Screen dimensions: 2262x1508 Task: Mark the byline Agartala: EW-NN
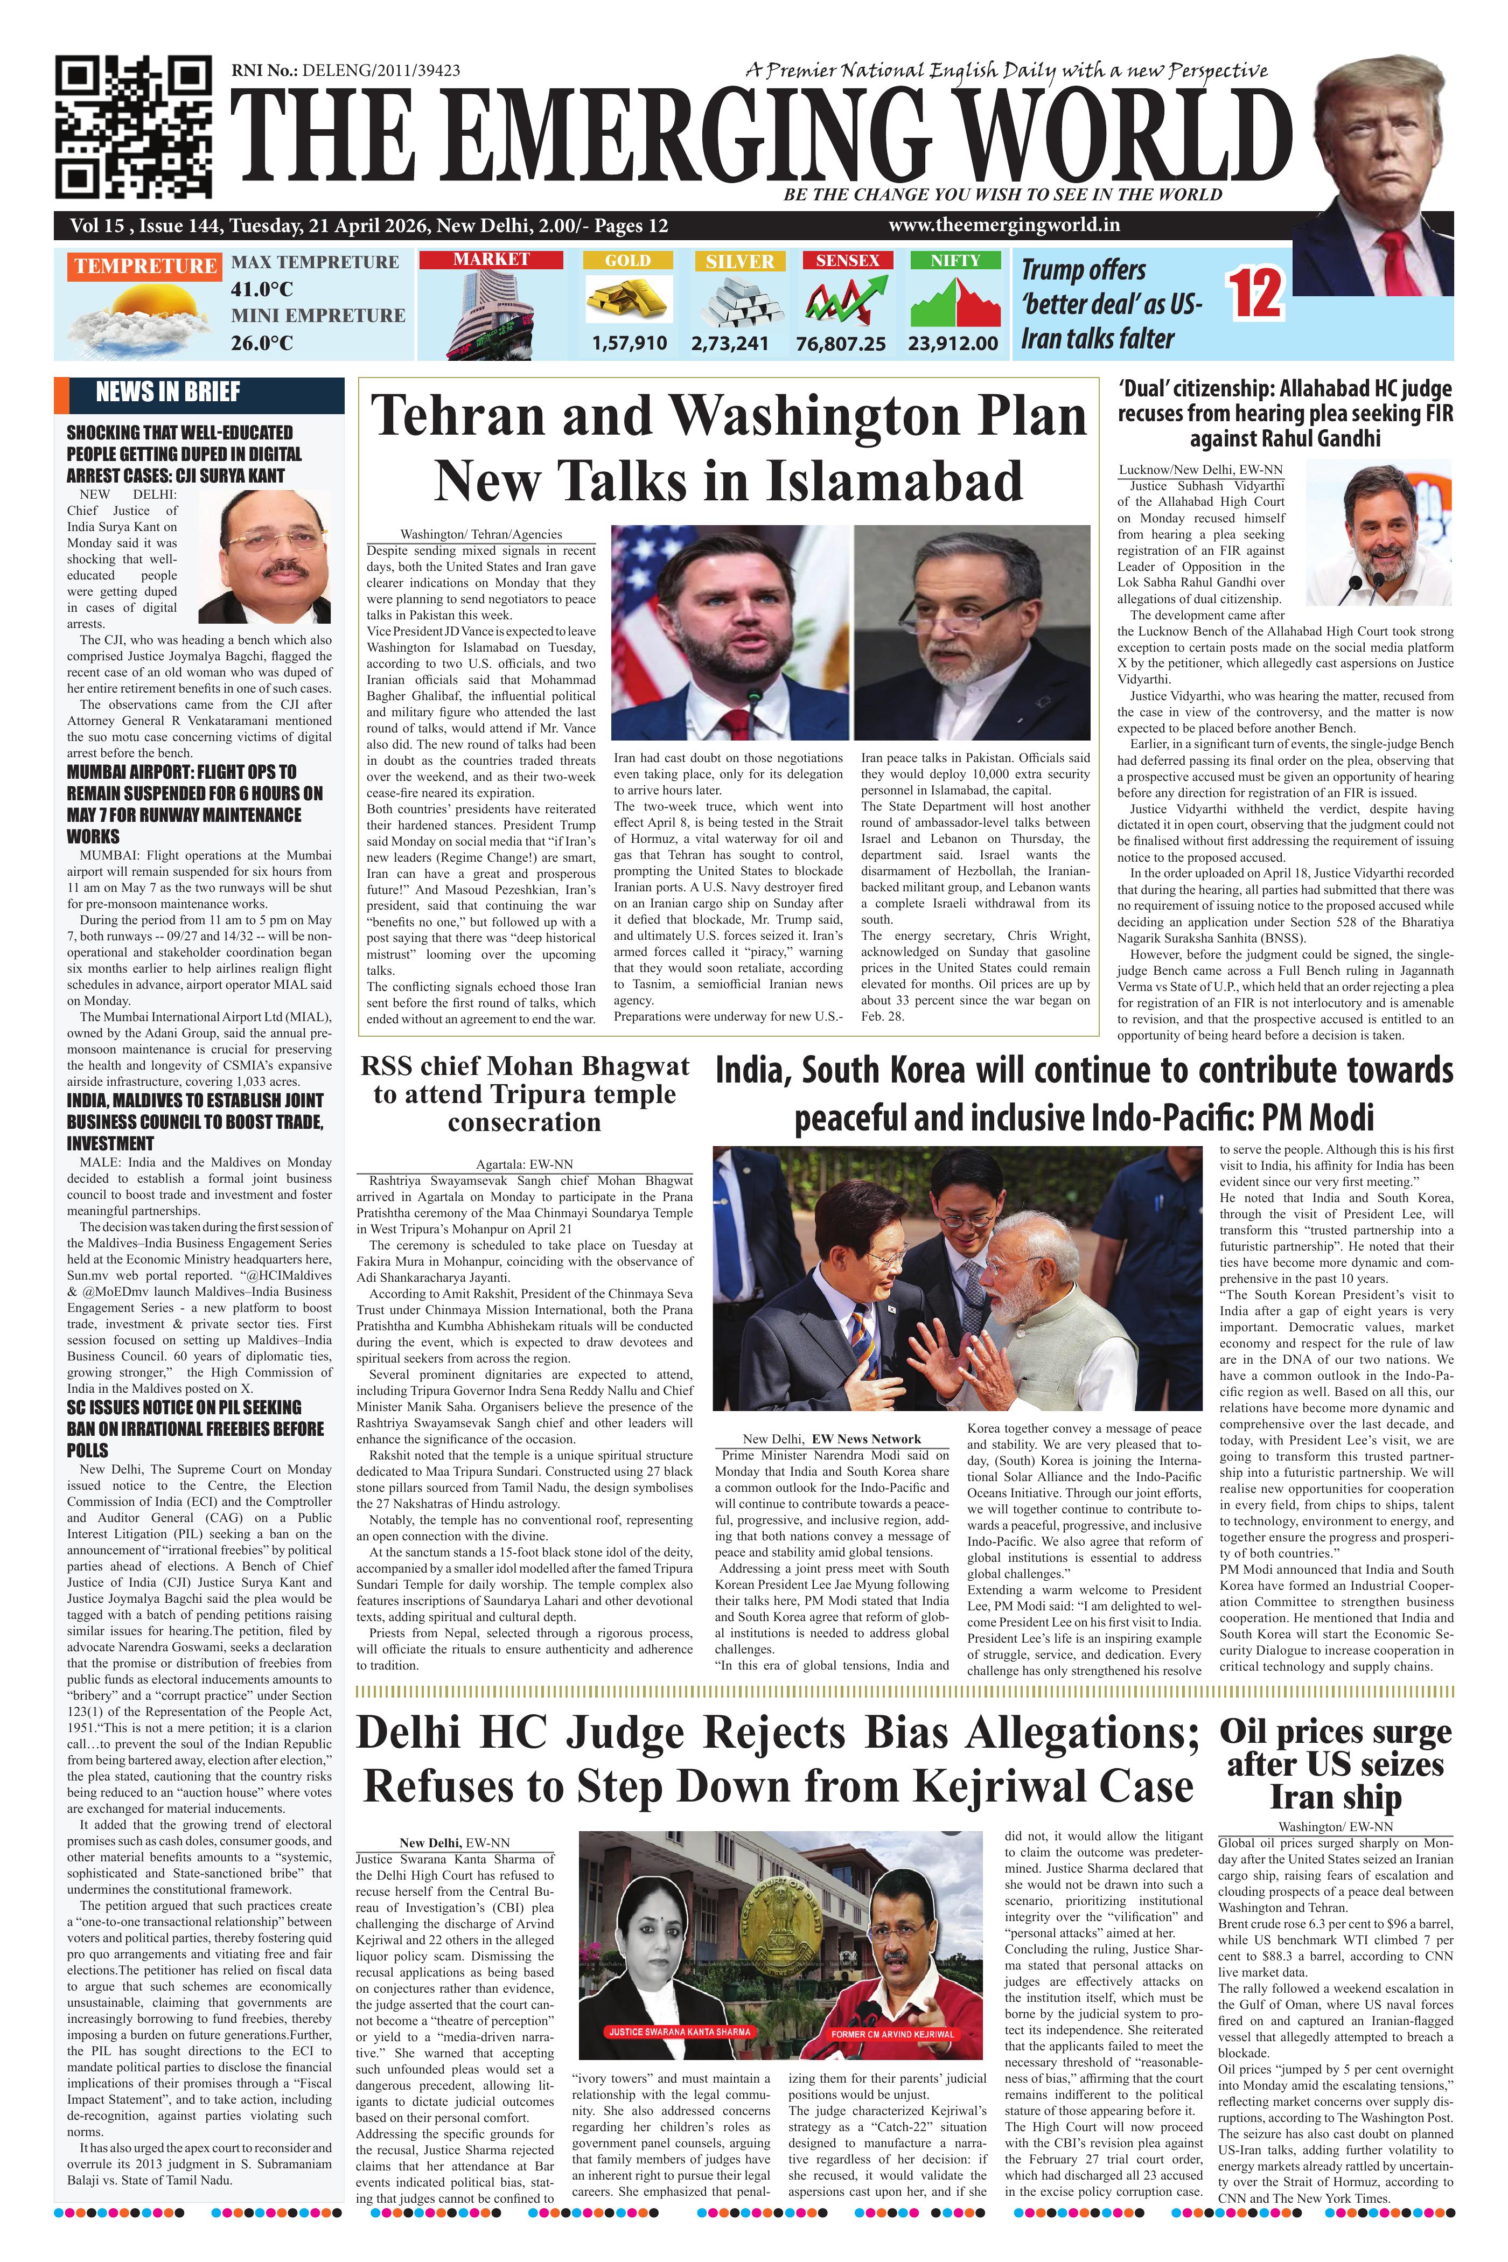click(524, 1164)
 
